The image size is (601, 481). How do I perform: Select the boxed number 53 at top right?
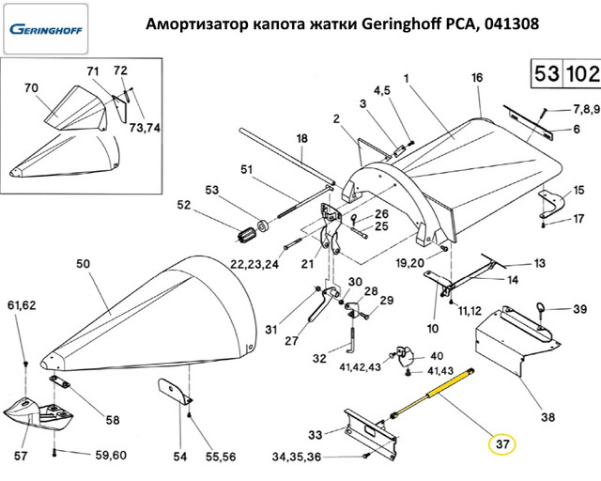pyautogui.click(x=547, y=72)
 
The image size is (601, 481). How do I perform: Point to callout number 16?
pyautogui.click(x=476, y=77)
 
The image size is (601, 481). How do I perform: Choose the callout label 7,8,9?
pyautogui.click(x=575, y=108)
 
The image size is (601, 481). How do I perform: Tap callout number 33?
pyautogui.click(x=316, y=434)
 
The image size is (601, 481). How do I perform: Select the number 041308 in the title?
pyautogui.click(x=505, y=25)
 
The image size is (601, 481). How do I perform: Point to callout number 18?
pyautogui.click(x=301, y=139)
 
